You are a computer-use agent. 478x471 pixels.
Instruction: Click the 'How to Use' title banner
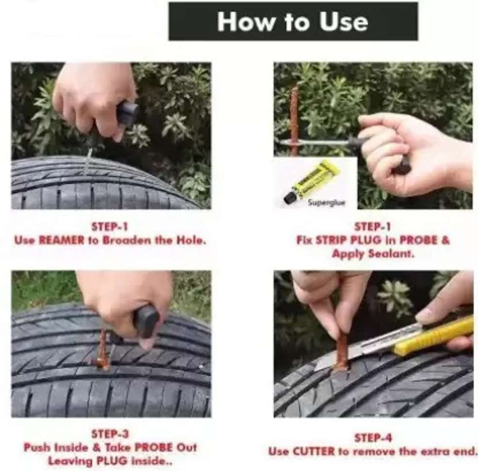click(x=293, y=21)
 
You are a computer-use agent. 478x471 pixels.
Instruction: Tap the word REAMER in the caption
click(x=62, y=241)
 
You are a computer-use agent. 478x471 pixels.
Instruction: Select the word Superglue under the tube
click(x=326, y=203)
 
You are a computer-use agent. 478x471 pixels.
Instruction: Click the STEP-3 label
click(x=111, y=434)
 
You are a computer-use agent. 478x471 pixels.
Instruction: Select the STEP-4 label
click(x=373, y=438)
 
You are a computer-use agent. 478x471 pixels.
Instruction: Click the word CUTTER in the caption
click(x=314, y=452)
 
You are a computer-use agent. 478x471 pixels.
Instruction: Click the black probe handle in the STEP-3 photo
click(x=147, y=322)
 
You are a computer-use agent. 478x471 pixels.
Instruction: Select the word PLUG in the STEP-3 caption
click(x=112, y=461)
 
